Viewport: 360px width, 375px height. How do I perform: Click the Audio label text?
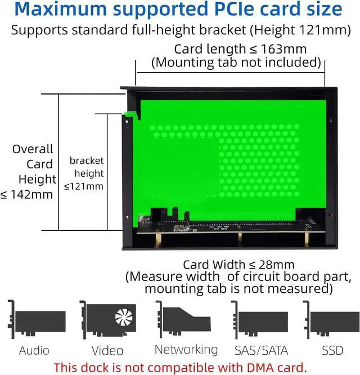click(x=34, y=351)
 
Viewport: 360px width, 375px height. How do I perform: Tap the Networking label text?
click(x=186, y=350)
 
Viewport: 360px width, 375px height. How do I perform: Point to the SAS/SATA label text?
click(x=260, y=351)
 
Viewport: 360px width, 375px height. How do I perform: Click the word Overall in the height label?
click(x=33, y=149)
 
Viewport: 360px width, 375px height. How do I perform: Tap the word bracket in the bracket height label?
click(x=87, y=160)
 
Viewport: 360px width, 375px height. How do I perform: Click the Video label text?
click(x=107, y=351)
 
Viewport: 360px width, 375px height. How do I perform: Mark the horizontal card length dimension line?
click(x=230, y=71)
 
